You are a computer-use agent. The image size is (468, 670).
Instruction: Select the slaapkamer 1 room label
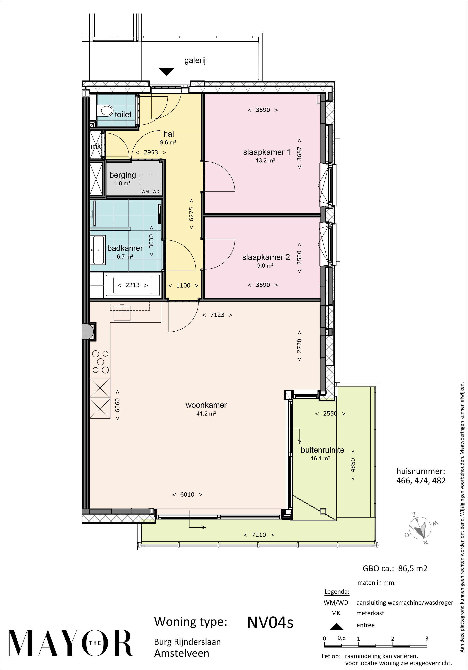click(x=267, y=152)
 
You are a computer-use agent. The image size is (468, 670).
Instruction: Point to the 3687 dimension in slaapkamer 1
click(x=299, y=154)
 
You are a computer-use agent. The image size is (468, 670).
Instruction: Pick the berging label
click(x=123, y=175)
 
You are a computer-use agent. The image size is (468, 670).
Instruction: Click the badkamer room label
click(x=125, y=248)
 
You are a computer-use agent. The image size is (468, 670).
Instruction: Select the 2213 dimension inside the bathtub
click(x=133, y=285)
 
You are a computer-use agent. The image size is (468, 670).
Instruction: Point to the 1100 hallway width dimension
click(x=183, y=285)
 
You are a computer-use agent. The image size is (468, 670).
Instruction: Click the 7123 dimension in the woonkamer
click(x=217, y=315)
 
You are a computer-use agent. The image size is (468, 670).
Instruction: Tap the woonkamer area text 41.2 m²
click(x=206, y=414)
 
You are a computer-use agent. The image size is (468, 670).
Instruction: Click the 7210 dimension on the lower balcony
click(x=259, y=535)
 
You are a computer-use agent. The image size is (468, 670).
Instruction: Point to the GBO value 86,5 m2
click(x=411, y=568)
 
